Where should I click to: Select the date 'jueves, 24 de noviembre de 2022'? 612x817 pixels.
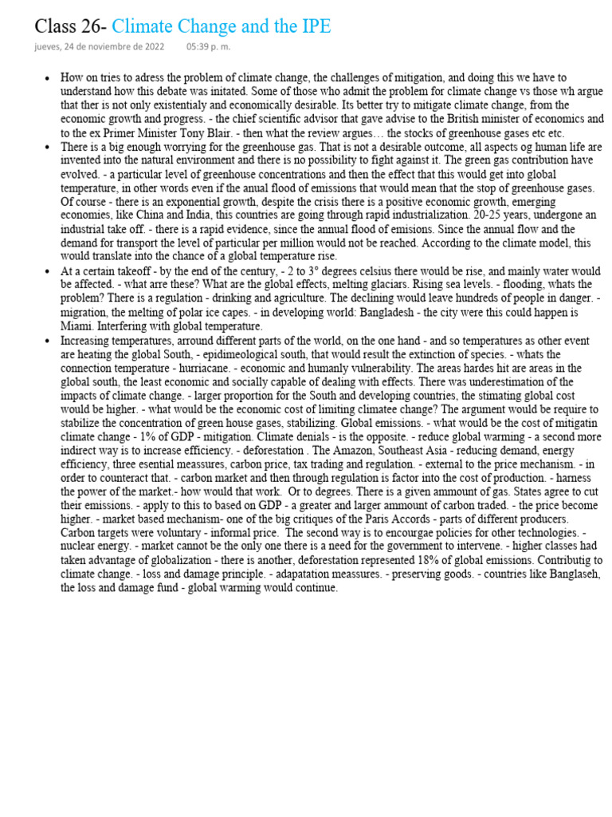tap(100, 47)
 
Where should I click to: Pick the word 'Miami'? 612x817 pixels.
tap(76, 326)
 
